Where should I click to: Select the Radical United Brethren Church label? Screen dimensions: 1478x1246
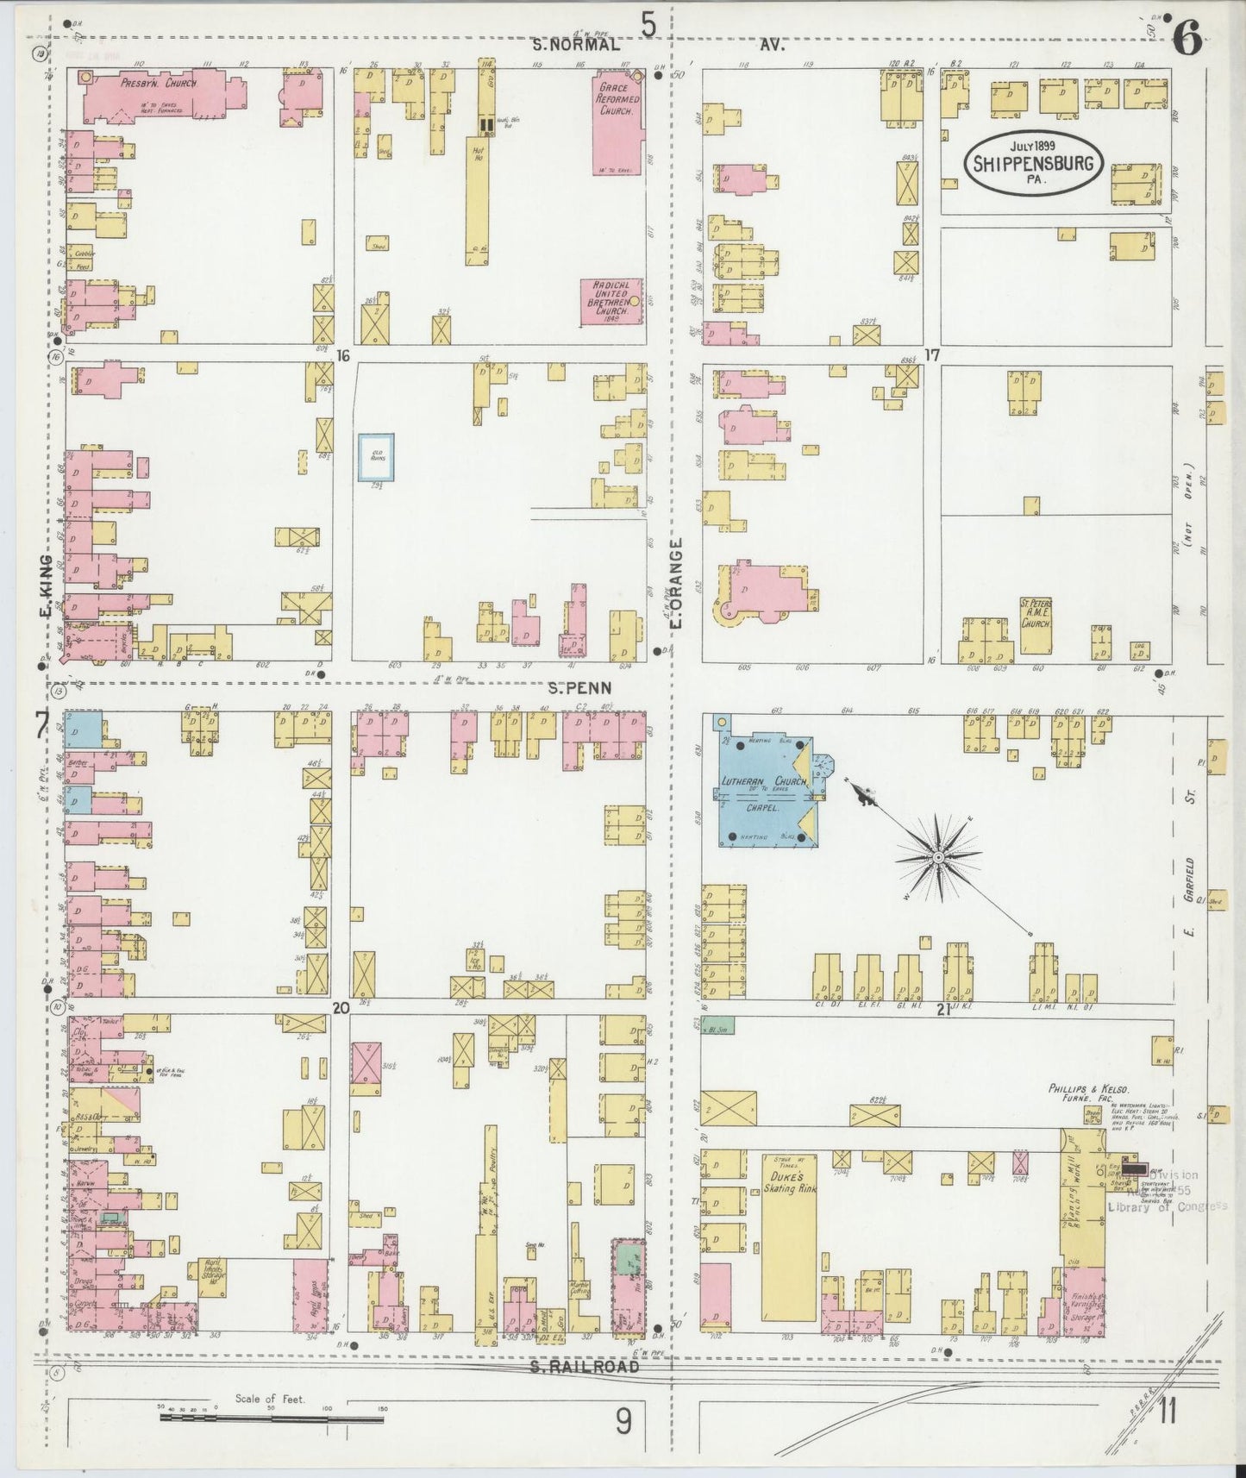[x=611, y=302]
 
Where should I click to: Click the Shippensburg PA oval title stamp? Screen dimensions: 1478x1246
[x=1033, y=163]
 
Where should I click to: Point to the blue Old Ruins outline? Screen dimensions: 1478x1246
[x=377, y=457]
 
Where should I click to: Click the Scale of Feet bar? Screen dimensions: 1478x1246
[x=272, y=1416]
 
